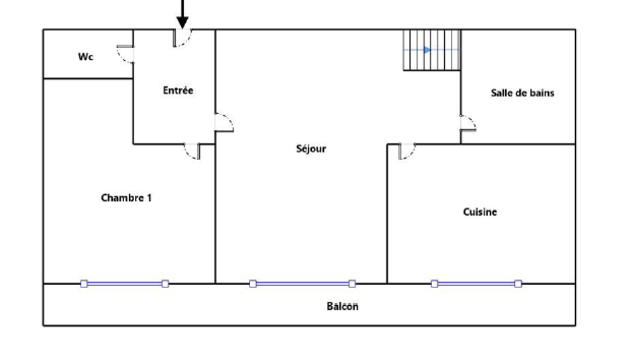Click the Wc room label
click(x=86, y=57)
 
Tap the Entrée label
click(x=178, y=90)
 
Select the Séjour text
click(x=311, y=149)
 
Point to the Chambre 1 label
click(x=127, y=197)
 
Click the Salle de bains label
click(x=522, y=93)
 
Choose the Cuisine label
click(x=480, y=212)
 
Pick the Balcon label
click(x=342, y=306)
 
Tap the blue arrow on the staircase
click(x=427, y=50)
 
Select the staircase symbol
click(x=432, y=50)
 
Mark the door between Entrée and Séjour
click(x=224, y=122)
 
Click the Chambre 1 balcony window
click(x=125, y=284)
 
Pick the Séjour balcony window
click(x=302, y=284)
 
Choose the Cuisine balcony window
click(x=476, y=284)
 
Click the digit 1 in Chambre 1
click(x=149, y=197)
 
